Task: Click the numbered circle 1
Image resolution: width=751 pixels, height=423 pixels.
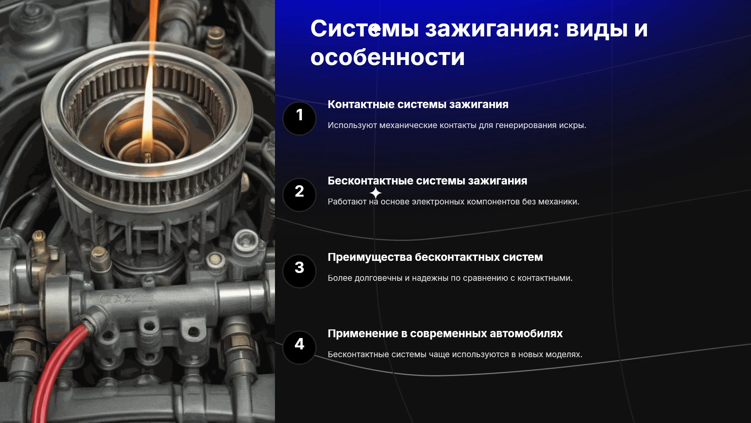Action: point(299,118)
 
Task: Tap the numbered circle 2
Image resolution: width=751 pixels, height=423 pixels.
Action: point(299,195)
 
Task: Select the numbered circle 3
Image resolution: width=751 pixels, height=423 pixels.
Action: point(299,271)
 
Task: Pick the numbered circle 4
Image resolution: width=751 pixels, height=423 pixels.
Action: point(299,347)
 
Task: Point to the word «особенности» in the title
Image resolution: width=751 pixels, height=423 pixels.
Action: point(388,57)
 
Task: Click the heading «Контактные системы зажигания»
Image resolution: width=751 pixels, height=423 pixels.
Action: point(418,105)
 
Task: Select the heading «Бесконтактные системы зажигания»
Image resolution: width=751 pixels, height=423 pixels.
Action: point(428,181)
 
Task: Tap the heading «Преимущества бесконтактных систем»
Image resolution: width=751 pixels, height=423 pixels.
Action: point(435,257)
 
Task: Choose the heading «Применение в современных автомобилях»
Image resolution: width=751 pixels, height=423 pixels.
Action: point(445,334)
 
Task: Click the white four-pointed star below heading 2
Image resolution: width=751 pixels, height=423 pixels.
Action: point(375,193)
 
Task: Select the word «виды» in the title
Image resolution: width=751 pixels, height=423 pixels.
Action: point(597,29)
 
